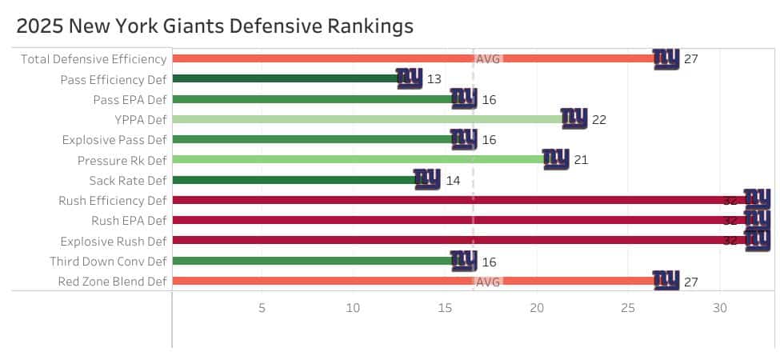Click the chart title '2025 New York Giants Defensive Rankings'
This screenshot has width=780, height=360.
[x=214, y=26]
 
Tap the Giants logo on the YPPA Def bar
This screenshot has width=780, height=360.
[x=574, y=118]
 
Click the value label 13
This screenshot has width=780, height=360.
[x=434, y=79]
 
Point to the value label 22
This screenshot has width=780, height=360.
[x=599, y=119]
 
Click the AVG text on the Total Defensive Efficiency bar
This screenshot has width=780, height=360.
[x=488, y=58]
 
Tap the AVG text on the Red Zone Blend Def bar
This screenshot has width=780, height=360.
[x=488, y=282]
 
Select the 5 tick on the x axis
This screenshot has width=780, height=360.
[x=262, y=308]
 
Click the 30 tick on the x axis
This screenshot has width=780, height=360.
[x=720, y=308]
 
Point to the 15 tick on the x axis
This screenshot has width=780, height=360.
[x=445, y=308]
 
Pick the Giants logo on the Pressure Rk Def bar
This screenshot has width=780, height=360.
[x=556, y=159]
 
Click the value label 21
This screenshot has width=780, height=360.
[x=581, y=160]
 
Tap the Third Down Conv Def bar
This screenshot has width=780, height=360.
[x=312, y=261]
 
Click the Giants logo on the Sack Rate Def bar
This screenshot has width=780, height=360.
[x=427, y=179]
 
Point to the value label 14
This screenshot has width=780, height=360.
[x=453, y=180]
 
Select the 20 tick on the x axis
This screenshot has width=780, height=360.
[x=537, y=308]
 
